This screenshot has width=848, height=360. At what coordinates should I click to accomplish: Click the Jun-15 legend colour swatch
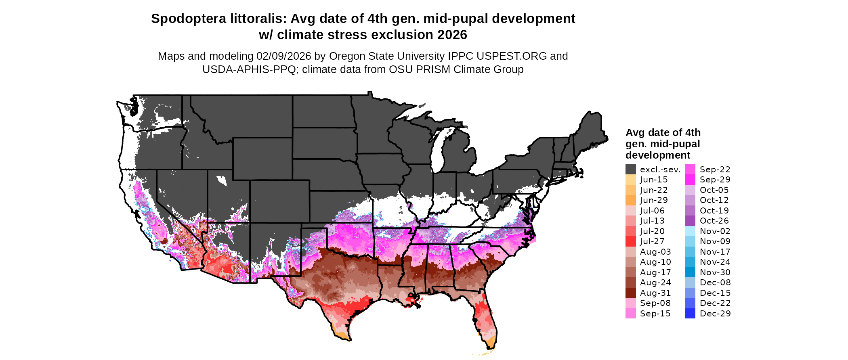click(x=630, y=180)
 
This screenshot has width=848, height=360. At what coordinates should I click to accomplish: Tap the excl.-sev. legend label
click(x=660, y=170)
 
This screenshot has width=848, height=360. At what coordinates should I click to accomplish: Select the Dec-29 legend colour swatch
click(x=690, y=314)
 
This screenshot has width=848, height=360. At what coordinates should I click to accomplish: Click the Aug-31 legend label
click(x=655, y=293)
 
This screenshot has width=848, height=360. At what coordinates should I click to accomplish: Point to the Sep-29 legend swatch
click(x=690, y=180)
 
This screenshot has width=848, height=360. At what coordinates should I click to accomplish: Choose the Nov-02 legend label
click(x=715, y=231)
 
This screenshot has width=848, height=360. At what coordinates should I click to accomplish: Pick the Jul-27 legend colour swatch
click(x=630, y=241)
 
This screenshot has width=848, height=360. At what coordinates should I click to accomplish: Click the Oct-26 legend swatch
click(x=690, y=221)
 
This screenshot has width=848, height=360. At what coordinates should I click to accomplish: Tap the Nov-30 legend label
click(x=715, y=272)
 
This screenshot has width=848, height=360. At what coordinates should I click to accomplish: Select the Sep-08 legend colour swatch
click(x=630, y=303)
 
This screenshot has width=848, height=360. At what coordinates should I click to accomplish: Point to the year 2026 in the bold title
click(x=450, y=35)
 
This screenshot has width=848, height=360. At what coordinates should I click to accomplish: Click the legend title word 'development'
click(x=658, y=155)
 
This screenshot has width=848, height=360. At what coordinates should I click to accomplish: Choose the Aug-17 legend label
click(x=655, y=272)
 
